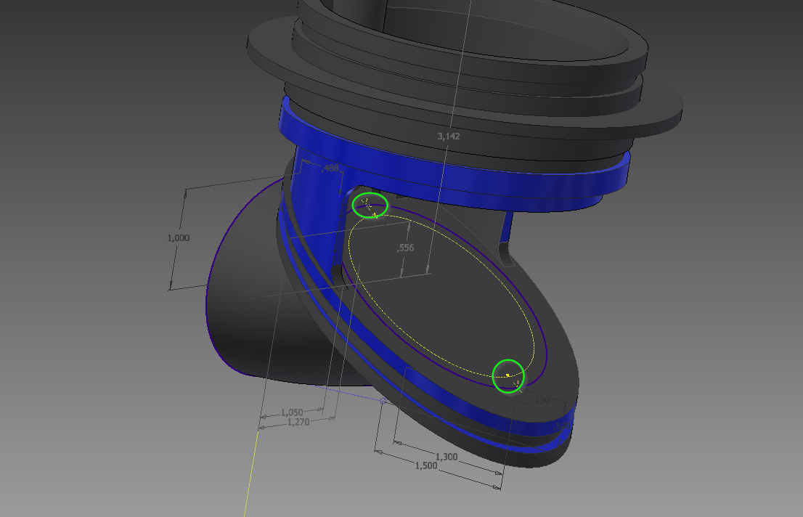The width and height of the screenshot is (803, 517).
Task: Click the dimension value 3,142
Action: tap(448, 136)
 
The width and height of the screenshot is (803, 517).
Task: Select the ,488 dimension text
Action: tap(330, 168)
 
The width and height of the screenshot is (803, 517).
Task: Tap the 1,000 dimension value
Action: tap(178, 237)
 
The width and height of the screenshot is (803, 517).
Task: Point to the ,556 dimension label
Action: tap(406, 248)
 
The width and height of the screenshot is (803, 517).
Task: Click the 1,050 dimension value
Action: tap(291, 412)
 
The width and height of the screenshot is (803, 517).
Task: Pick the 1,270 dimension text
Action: tap(298, 422)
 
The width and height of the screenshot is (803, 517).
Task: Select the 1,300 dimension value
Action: tap(446, 456)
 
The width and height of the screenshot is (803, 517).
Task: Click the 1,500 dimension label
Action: tap(425, 465)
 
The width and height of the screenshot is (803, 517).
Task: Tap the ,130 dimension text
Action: tap(542, 400)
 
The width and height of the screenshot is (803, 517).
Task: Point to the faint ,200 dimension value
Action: tap(253, 290)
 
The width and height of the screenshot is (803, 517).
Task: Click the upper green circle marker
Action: tap(370, 205)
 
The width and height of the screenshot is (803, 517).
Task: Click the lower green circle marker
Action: tap(508, 375)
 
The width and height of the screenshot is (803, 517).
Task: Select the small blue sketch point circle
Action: tap(383, 400)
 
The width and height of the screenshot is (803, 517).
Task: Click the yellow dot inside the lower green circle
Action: tap(508, 375)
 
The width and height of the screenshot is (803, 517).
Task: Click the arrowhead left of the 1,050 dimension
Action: tap(264, 417)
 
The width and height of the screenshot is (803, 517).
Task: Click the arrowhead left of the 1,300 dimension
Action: tap(396, 441)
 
